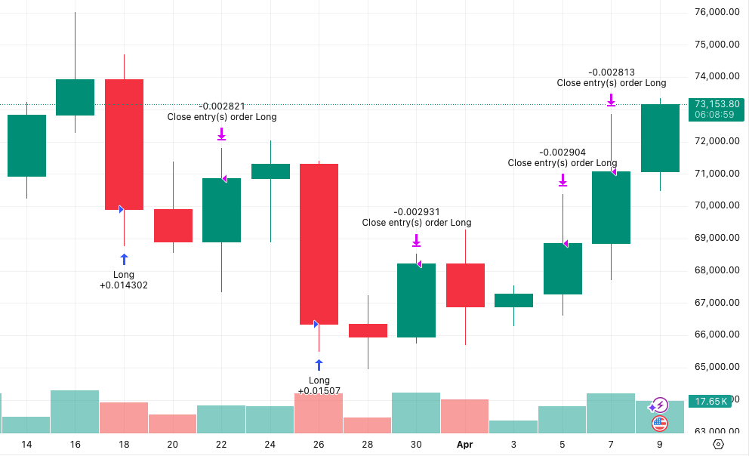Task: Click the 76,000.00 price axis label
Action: tap(717, 11)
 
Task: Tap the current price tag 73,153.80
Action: tap(717, 104)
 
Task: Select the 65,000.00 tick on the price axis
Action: tap(717, 367)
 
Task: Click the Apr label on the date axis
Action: tap(464, 445)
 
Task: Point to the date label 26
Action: tap(319, 445)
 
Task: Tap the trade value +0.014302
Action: tap(124, 285)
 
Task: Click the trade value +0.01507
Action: tap(319, 391)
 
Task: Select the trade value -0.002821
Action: tap(221, 106)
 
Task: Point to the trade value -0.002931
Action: tap(416, 212)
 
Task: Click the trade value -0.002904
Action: tap(563, 153)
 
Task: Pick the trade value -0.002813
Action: tap(611, 72)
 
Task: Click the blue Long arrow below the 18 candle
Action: tap(124, 259)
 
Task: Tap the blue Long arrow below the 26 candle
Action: tap(319, 365)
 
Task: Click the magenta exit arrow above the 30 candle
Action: tap(416, 241)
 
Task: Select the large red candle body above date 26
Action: tap(319, 244)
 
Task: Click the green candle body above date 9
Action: tap(660, 138)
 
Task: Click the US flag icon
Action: tap(660, 424)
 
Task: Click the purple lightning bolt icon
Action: tap(660, 405)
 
